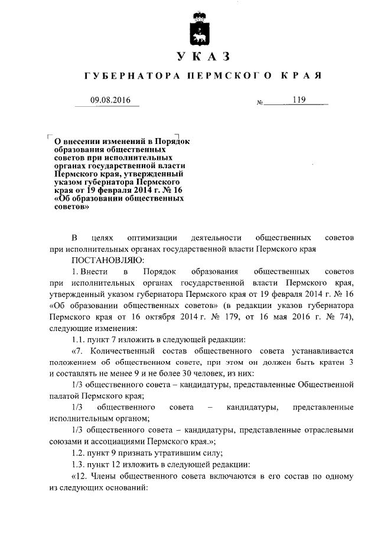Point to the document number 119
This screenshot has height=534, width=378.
click(x=298, y=100)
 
